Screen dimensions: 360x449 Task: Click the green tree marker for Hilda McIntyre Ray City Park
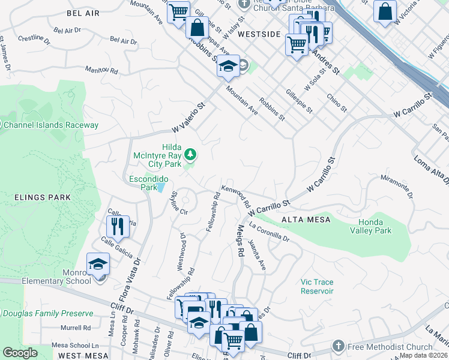point(190,155)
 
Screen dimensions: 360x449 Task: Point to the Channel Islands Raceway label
point(50,125)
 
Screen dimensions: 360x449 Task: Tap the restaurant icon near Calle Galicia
point(118,226)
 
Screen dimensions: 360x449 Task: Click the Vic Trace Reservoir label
point(317,286)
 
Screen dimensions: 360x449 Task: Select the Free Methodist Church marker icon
point(338,347)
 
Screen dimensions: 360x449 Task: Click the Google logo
point(20,353)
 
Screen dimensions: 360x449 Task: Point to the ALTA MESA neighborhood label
point(306,220)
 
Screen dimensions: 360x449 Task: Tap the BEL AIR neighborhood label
point(83,13)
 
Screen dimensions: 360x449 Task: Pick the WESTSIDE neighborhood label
point(259,35)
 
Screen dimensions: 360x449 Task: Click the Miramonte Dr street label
point(397,187)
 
